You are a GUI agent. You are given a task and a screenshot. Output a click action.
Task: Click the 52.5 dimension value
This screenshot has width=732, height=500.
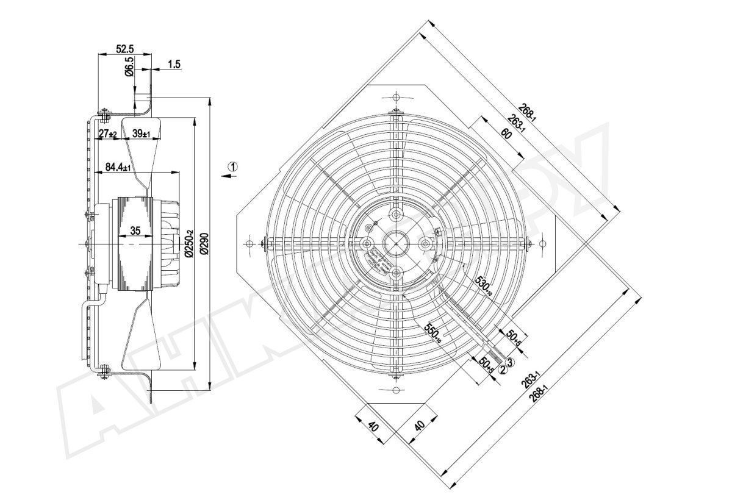[125, 49]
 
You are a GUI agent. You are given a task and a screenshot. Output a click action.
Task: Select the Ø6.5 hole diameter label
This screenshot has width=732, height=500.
[129, 66]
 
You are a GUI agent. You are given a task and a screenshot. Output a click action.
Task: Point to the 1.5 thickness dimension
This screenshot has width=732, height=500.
[173, 64]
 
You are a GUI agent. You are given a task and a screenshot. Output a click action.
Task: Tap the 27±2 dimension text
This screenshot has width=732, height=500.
[108, 134]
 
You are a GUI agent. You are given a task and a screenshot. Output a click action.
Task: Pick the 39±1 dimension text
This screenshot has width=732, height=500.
[142, 134]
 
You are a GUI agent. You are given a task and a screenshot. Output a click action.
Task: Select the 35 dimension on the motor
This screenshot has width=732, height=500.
[135, 230]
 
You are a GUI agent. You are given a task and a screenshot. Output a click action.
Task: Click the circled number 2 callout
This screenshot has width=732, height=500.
[503, 368]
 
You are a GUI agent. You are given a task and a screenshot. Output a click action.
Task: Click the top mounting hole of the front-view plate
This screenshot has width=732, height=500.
[396, 98]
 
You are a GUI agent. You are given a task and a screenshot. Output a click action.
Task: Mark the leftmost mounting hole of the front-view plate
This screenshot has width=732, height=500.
[249, 243]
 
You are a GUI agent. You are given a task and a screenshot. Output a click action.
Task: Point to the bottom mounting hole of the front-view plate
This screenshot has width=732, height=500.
[396, 389]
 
